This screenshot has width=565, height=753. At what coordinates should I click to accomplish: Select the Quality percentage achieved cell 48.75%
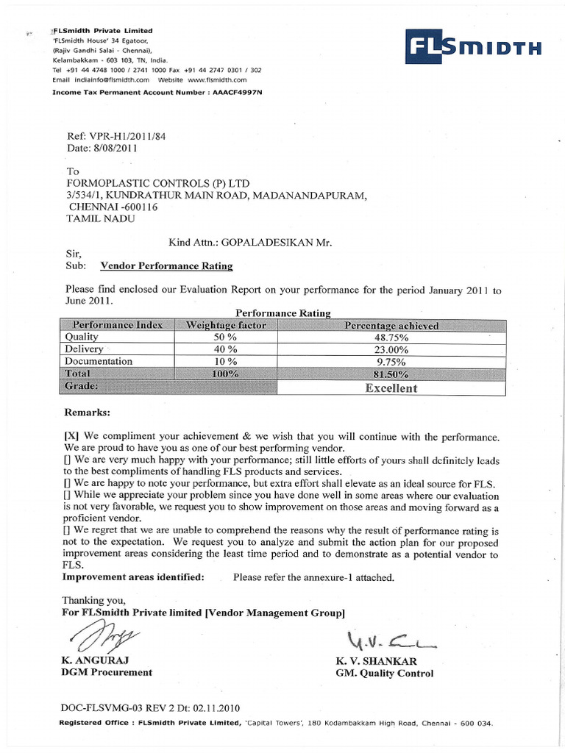point(391,338)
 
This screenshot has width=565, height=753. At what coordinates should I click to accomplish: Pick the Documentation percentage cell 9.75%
point(391,362)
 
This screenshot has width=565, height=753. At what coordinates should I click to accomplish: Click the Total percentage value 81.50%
point(391,374)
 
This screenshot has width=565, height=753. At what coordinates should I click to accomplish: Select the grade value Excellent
point(391,388)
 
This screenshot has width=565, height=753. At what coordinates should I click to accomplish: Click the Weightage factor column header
point(226,325)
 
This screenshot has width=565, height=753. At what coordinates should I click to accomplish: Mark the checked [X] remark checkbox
point(71,437)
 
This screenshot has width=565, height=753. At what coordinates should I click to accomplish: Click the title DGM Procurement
point(107,672)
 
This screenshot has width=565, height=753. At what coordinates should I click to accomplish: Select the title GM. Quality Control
point(384,673)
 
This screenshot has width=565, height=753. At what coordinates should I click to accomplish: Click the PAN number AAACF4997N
point(236,93)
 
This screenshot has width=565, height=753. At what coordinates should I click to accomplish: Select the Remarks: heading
point(88,413)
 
